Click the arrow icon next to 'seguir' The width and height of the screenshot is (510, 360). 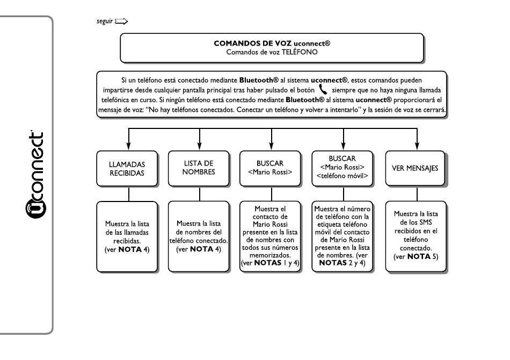121,21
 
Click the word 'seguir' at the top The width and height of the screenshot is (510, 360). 104,21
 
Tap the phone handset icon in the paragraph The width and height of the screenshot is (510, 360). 323,89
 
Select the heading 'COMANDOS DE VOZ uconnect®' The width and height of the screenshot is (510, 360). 272,44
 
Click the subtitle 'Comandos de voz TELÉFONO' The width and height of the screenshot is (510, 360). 272,52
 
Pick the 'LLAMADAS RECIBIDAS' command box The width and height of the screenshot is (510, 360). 127,169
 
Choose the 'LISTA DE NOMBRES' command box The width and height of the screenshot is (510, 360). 199,169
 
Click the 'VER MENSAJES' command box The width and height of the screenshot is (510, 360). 415,169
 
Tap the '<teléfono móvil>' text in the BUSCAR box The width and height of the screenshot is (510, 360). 342,176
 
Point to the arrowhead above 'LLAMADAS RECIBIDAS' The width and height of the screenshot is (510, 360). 128,146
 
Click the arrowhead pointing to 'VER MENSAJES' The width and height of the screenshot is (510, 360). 417,146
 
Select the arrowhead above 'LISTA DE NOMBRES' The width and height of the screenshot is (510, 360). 199,146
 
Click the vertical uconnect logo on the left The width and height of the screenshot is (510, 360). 35,175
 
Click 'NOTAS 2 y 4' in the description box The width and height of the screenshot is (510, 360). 342,263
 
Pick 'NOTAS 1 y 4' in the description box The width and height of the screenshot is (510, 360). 276,263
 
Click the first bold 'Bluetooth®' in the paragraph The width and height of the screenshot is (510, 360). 259,80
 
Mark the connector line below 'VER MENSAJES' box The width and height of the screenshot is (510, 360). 417,194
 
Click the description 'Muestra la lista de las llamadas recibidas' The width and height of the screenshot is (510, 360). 127,233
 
